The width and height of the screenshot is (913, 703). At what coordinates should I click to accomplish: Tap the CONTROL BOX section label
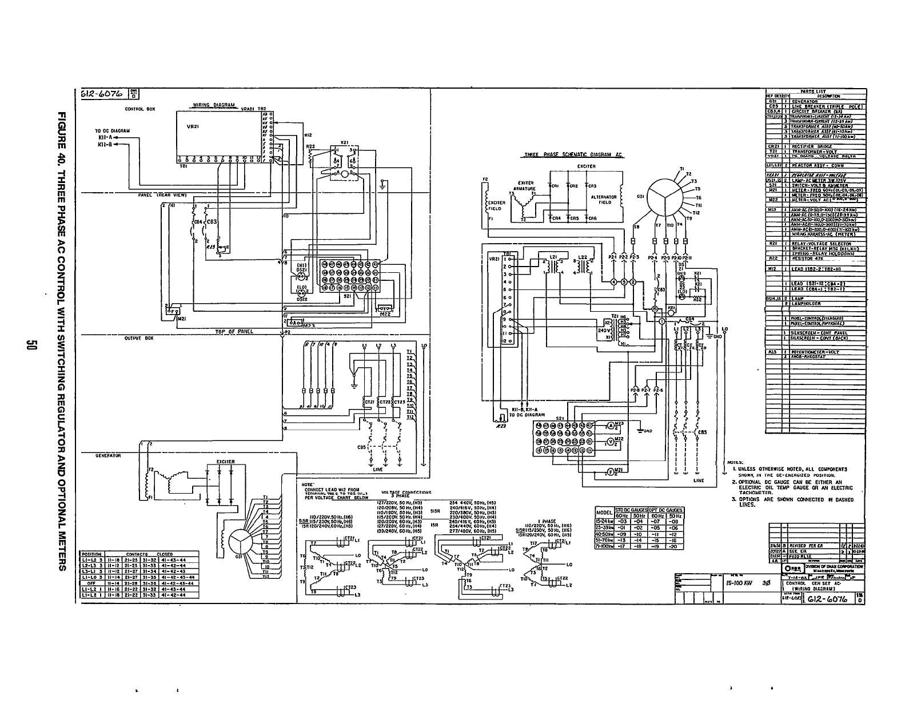(x=137, y=109)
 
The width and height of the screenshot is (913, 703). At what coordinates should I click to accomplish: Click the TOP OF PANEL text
(x=234, y=331)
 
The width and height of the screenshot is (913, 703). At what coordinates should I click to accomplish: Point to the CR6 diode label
(x=592, y=218)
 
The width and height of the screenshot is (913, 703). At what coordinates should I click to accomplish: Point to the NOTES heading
(x=735, y=462)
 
